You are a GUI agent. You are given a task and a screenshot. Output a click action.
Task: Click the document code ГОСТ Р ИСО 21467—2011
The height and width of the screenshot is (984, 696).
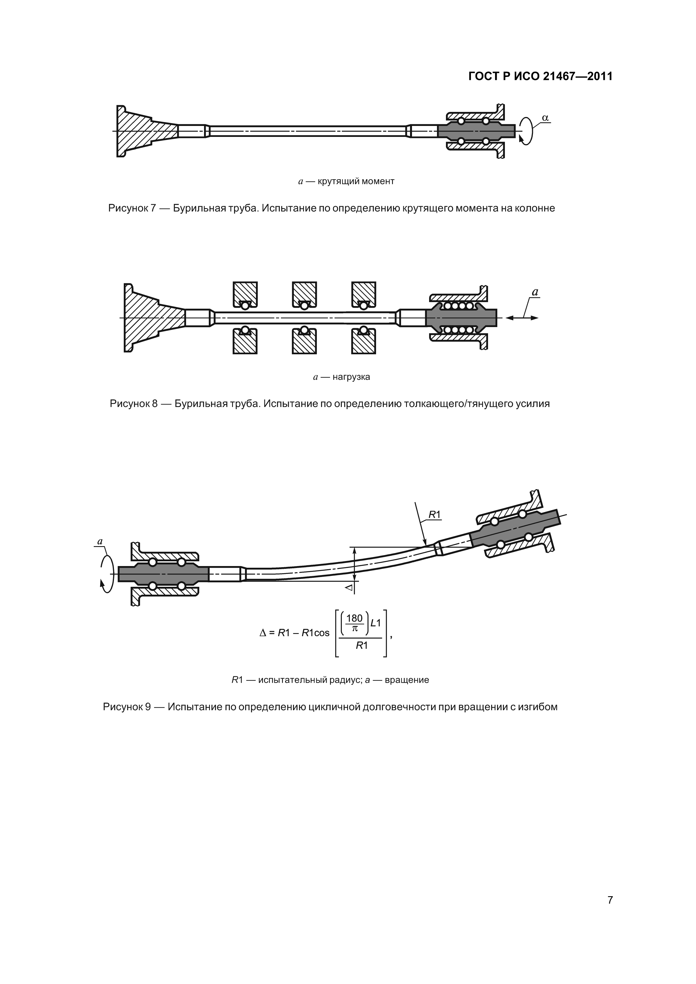pos(540,76)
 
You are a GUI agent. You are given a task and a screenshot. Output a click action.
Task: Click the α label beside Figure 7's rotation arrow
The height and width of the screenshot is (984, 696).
pos(545,118)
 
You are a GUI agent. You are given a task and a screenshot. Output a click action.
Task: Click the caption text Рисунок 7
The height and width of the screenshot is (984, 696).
pos(132,208)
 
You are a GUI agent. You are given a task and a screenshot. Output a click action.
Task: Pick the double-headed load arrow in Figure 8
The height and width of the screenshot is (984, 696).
pos(522,318)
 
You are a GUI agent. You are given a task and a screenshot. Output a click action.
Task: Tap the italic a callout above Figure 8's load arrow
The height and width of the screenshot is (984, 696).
pos(535,292)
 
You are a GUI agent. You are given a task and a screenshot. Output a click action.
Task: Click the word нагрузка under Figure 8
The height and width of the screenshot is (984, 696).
pos(351,377)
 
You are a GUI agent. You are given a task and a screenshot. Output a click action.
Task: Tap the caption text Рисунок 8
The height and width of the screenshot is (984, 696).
pos(133,404)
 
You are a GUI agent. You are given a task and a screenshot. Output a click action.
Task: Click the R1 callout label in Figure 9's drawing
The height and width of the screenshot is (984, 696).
pos(434,515)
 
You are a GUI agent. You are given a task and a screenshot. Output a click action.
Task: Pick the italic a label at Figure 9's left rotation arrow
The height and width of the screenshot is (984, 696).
pos(100,541)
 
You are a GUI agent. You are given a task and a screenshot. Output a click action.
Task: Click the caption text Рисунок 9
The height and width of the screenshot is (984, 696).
pos(127,707)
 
